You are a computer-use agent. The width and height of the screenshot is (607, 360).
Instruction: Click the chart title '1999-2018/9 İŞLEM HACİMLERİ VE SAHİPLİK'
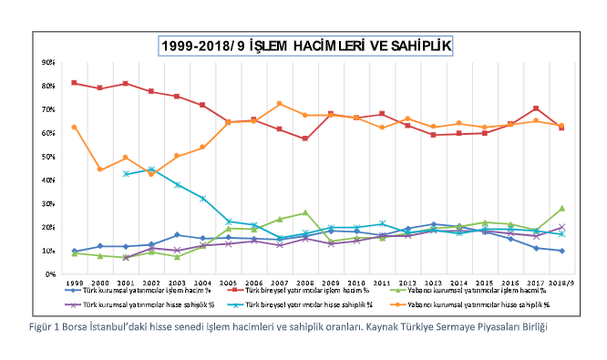pyautogui.click(x=304, y=44)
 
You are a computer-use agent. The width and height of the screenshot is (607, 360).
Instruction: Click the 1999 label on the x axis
pyautogui.click(x=74, y=283)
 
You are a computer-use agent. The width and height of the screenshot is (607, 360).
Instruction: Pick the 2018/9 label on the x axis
pyautogui.click(x=561, y=283)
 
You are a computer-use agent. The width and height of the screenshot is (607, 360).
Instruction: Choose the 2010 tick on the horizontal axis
pyautogui.click(x=356, y=283)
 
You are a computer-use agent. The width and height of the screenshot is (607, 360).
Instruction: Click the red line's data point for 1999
pyautogui.click(x=74, y=83)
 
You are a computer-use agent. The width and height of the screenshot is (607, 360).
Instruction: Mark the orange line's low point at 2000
pyautogui.click(x=99, y=170)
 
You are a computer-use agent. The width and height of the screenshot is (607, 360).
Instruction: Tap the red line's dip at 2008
pyautogui.click(x=305, y=139)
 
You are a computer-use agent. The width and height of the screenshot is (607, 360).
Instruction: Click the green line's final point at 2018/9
pyautogui.click(x=561, y=208)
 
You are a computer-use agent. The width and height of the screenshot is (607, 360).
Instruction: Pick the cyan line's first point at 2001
pyautogui.click(x=125, y=173)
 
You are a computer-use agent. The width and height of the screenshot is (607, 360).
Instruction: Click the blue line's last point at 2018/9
pyautogui.click(x=561, y=251)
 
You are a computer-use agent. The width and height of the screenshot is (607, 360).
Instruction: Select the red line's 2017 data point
pyautogui.click(x=536, y=108)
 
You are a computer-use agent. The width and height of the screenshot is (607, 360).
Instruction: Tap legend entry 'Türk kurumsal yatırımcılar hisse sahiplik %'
pyautogui.click(x=140, y=303)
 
